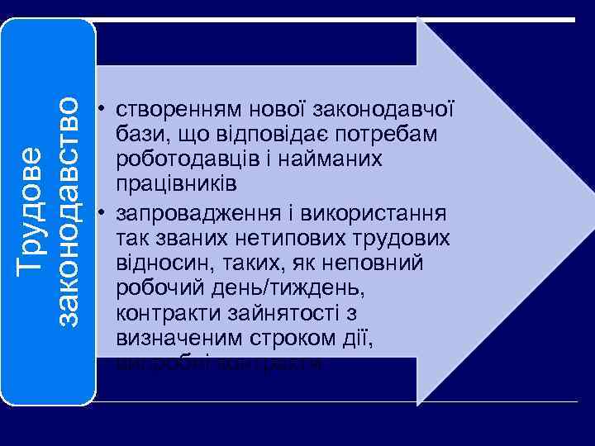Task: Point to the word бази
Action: pos(140,134)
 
